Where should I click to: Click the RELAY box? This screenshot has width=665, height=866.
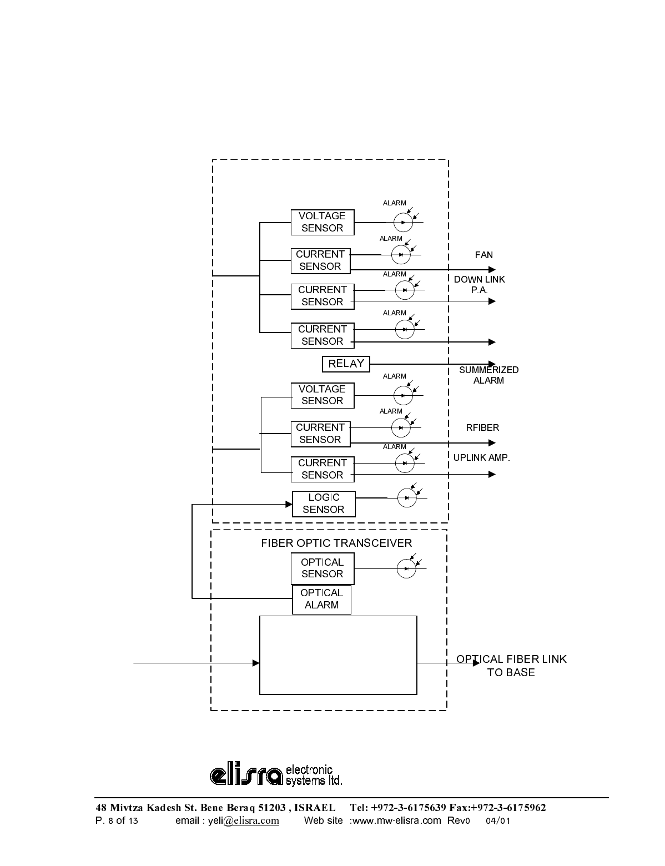(345, 364)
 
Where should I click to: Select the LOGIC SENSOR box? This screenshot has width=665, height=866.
(324, 504)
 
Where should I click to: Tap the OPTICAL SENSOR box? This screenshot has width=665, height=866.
(322, 568)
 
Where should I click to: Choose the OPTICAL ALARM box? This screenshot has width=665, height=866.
(321, 600)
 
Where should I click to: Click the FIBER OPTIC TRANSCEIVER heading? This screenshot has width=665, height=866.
(336, 543)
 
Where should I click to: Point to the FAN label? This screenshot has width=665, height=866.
(483, 255)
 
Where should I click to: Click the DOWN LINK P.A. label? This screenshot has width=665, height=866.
(480, 285)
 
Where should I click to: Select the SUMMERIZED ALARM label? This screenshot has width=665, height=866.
(489, 375)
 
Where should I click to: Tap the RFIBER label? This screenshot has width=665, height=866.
(482, 427)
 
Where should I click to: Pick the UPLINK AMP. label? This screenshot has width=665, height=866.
(482, 458)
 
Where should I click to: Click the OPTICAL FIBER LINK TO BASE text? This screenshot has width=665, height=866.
(511, 666)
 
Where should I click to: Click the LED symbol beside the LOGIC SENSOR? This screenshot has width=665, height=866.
(407, 497)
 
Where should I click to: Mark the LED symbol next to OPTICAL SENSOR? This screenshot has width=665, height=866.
(406, 568)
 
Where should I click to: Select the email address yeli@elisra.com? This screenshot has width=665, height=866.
(243, 820)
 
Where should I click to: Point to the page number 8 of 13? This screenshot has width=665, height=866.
(123, 820)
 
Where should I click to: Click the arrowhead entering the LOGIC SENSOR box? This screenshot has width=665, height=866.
(289, 504)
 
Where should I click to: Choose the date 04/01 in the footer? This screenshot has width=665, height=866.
(498, 821)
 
